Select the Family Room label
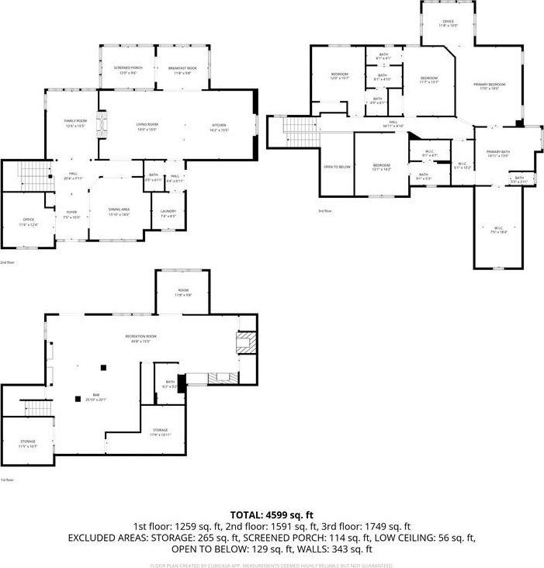coord(75,123)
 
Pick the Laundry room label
coord(168,213)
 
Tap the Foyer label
coord(71,215)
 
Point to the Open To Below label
coord(337,167)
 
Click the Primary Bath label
coord(497,153)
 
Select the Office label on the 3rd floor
coord(448,23)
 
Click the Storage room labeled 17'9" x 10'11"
coord(160,431)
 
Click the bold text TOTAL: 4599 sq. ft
coord(272,514)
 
